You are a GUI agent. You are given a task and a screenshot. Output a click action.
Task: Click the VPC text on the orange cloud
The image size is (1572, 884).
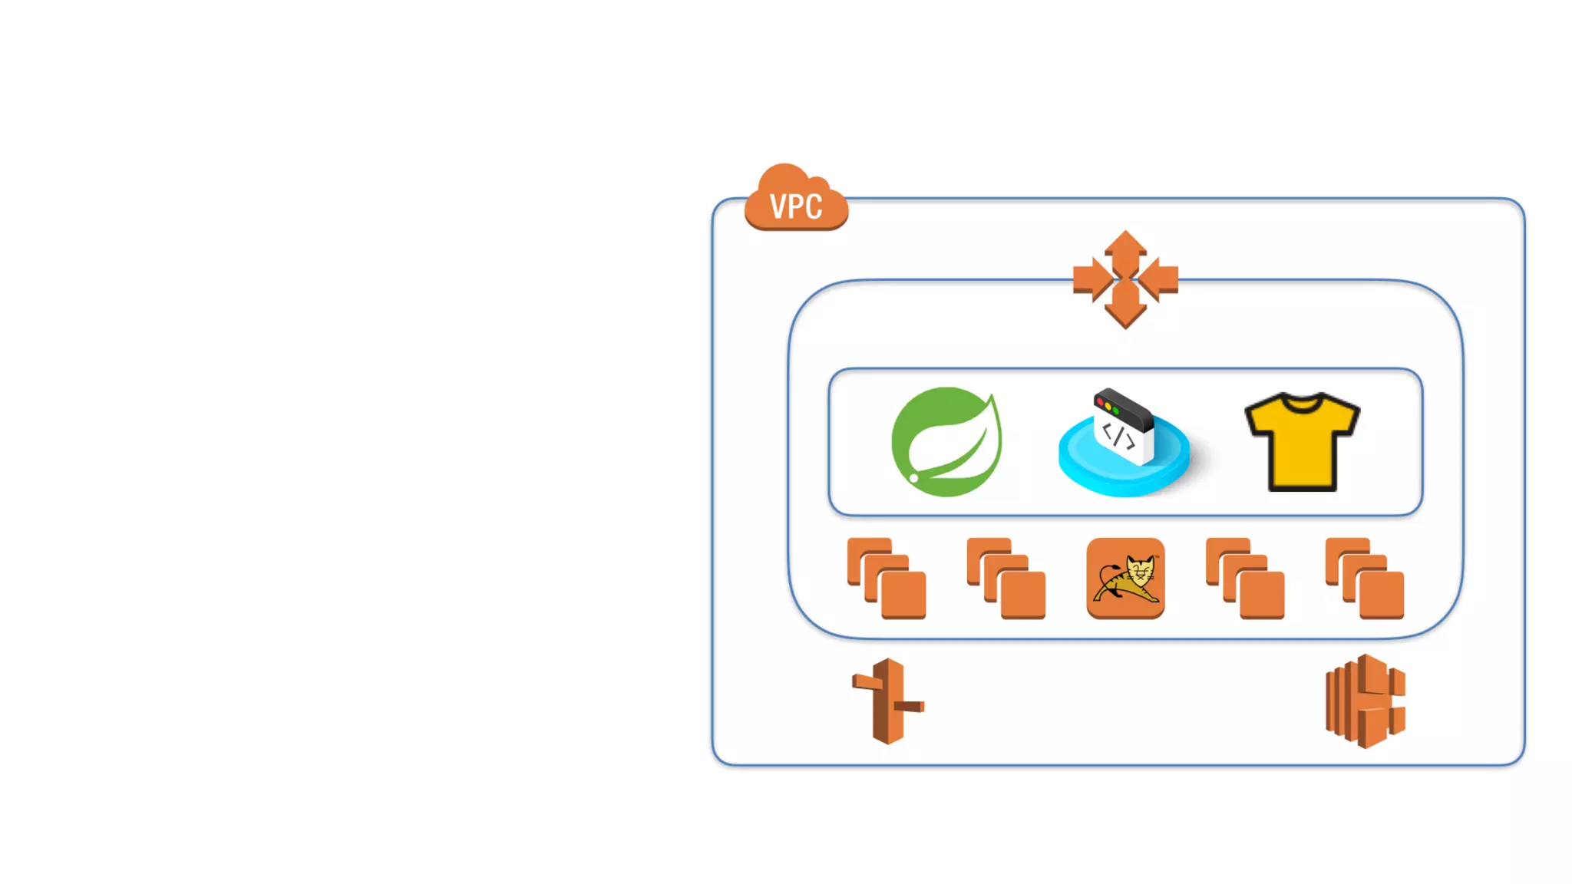tap(796, 206)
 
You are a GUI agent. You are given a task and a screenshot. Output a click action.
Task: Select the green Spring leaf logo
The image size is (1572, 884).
tap(946, 442)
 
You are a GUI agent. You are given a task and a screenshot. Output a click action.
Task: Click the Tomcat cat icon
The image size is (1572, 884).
tap(1125, 579)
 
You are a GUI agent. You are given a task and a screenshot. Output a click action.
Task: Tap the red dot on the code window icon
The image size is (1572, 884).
tap(1101, 401)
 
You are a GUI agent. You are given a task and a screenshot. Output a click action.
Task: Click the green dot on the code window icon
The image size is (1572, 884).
tap(1115, 411)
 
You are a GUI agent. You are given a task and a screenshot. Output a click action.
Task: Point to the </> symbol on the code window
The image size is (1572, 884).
tap(1118, 435)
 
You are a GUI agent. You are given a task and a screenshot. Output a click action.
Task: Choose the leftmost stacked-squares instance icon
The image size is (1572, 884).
tap(887, 579)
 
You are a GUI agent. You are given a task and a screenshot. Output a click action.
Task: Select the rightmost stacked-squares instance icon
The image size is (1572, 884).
tap(1365, 579)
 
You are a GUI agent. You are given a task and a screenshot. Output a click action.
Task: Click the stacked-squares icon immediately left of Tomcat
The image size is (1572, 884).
tap(1006, 579)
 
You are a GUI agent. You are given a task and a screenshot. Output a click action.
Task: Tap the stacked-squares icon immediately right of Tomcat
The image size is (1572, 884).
tap(1245, 579)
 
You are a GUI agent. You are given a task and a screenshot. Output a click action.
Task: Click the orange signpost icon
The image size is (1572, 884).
tap(888, 701)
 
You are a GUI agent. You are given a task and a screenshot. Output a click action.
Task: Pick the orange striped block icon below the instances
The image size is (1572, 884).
tap(1365, 701)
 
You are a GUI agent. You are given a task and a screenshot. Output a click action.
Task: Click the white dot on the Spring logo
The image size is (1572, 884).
tap(914, 478)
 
